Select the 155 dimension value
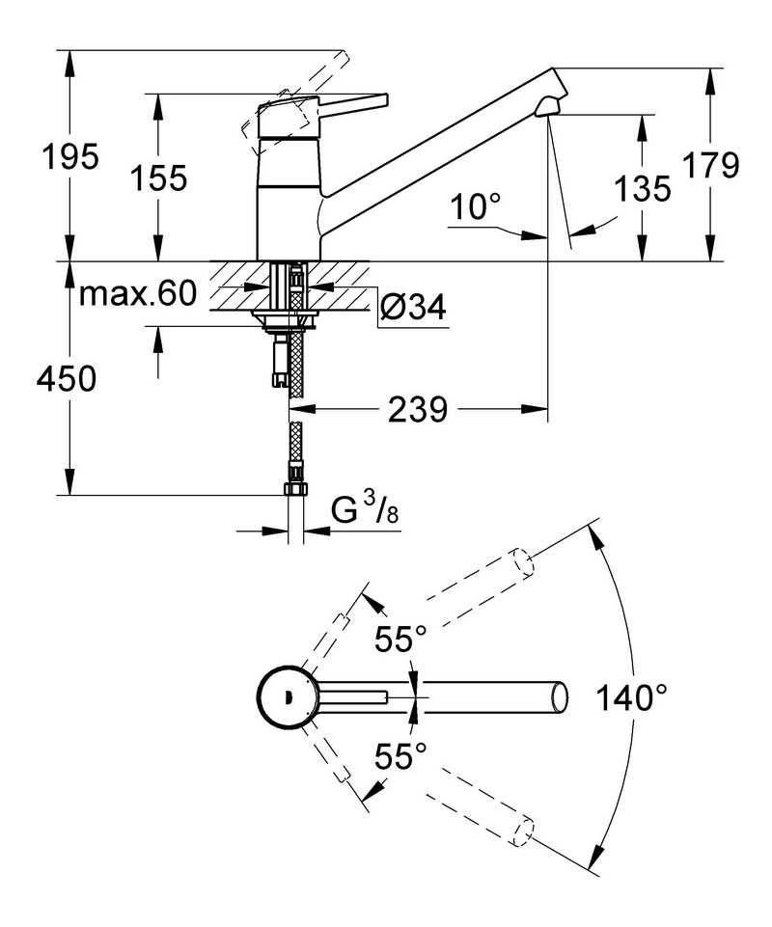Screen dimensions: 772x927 pyautogui.click(x=158, y=177)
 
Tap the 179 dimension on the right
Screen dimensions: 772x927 pyautogui.click(x=711, y=165)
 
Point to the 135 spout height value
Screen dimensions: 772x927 pyautogui.click(x=643, y=189)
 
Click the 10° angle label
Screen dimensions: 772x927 pyautogui.click(x=475, y=207)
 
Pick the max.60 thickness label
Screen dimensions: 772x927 pyautogui.click(x=137, y=294)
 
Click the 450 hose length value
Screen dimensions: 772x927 pyautogui.click(x=67, y=378)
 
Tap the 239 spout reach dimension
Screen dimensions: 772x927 pyautogui.click(x=418, y=410)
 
